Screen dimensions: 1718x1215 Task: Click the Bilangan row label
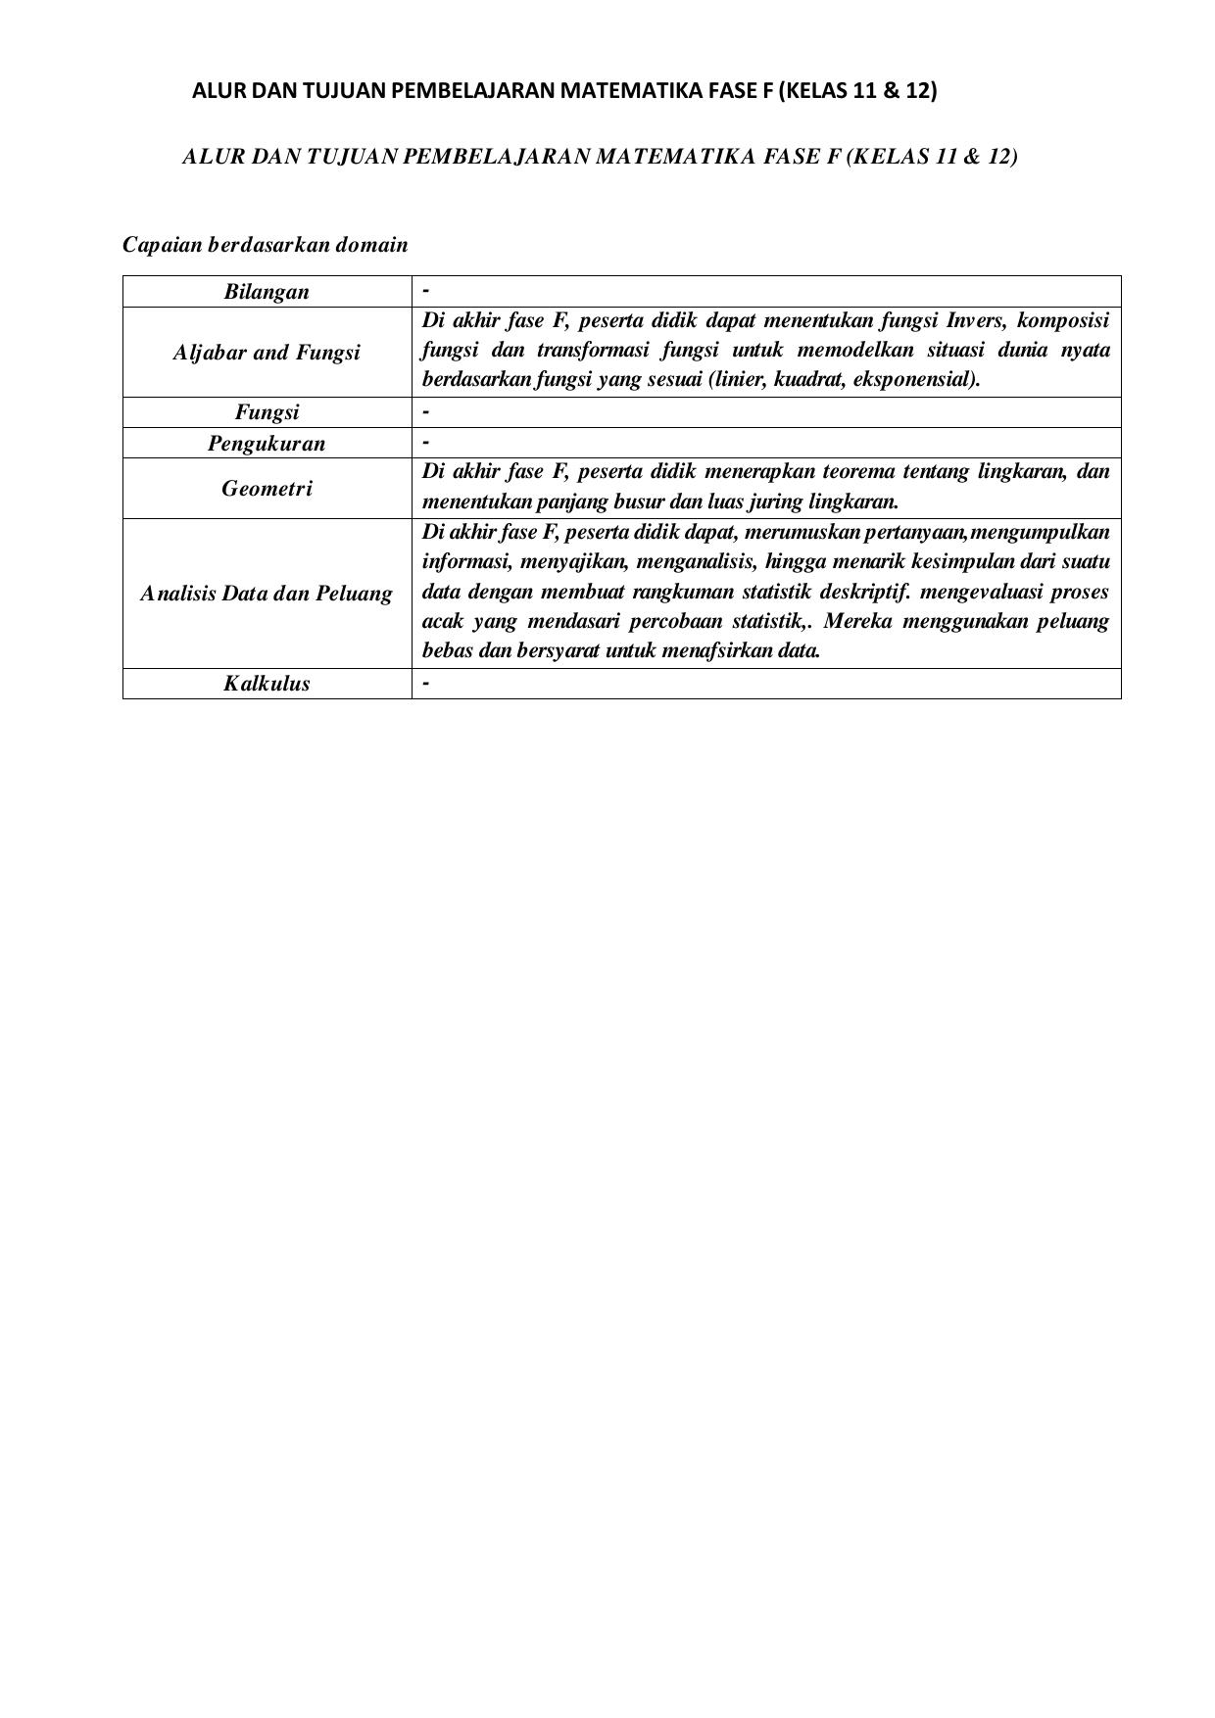click(267, 292)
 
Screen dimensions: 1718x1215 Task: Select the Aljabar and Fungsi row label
click(267, 353)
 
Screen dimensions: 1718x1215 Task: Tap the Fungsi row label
click(267, 412)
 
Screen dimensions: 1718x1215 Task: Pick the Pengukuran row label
click(267, 443)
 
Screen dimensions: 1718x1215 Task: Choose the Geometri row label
click(267, 488)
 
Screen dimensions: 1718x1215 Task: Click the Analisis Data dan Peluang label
click(267, 594)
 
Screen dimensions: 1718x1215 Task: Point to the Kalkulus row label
click(267, 684)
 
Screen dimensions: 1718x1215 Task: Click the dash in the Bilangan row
click(426, 292)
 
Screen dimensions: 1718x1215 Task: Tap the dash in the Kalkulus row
click(426, 684)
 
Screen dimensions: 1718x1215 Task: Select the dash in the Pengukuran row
click(426, 443)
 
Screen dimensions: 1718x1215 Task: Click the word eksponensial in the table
click(919, 379)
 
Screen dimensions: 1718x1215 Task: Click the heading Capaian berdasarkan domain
click(265, 245)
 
